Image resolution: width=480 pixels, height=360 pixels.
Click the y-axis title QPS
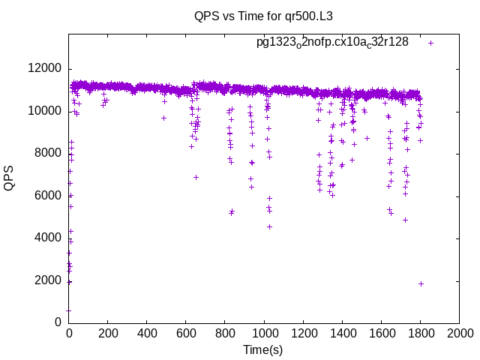point(9,178)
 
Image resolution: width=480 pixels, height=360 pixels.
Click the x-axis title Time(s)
point(262,349)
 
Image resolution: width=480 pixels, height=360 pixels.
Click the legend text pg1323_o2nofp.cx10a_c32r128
point(332,43)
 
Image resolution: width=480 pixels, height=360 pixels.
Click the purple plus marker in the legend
point(430,43)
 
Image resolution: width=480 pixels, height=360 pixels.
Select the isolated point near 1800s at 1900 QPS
point(421,283)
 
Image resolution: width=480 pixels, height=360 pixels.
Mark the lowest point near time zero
point(68,310)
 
